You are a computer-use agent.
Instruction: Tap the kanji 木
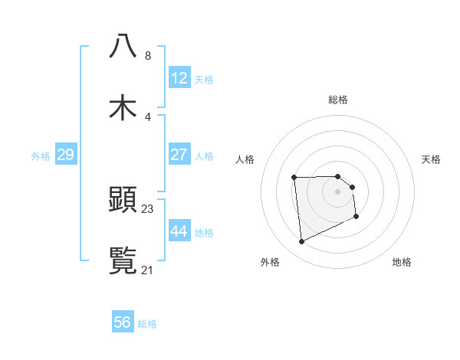123,108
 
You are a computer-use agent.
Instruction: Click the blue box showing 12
179,78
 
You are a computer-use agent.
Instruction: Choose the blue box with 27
179,155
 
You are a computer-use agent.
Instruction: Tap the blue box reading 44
179,231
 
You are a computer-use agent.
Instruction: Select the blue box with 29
65,155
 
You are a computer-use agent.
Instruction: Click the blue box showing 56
123,322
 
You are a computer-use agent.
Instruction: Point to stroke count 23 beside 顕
148,208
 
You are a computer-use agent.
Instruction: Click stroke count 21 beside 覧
148,270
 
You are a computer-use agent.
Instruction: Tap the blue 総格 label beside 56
147,324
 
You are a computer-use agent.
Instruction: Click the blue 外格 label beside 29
41,156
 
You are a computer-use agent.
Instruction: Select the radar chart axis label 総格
338,100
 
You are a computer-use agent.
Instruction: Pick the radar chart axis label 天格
431,159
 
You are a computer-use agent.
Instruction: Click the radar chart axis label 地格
402,262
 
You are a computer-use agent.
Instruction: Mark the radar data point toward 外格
301,242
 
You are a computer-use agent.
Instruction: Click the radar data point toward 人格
294,178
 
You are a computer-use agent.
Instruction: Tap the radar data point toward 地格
356,217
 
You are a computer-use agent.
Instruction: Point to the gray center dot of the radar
337,191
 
